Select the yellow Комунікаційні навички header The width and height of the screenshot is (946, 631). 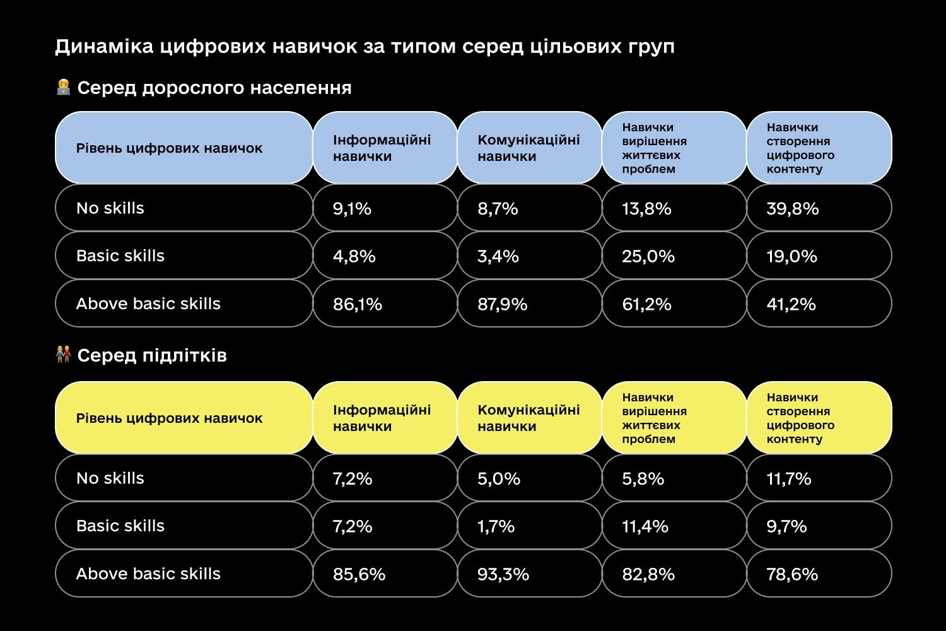(528, 418)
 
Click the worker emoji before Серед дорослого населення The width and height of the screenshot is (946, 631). (63, 87)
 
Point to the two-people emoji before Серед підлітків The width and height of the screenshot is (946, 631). (63, 355)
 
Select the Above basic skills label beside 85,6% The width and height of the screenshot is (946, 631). (148, 574)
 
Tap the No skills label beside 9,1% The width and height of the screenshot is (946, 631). (110, 208)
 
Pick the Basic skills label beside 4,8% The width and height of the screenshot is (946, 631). (120, 256)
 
